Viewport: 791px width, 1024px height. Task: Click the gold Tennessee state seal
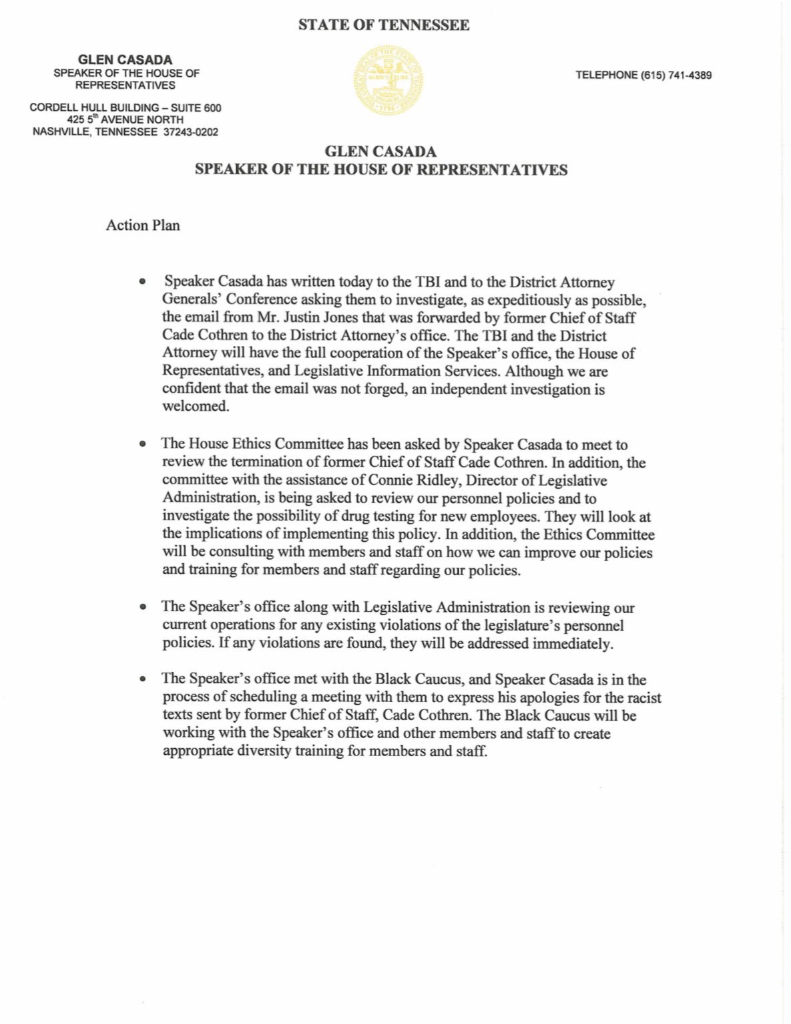point(388,80)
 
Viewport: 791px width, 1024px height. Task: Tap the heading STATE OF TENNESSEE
point(383,25)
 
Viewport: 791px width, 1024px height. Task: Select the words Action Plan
point(143,225)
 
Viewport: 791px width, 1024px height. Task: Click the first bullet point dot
point(142,283)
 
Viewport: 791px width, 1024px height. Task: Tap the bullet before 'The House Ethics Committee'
point(142,444)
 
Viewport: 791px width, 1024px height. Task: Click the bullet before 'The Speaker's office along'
point(142,607)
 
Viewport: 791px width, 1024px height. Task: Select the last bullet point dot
point(142,679)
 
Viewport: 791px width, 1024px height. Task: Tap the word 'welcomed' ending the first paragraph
point(195,407)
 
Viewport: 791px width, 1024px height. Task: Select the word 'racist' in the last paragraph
point(643,698)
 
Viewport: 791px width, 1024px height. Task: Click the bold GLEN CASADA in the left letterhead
point(125,59)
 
